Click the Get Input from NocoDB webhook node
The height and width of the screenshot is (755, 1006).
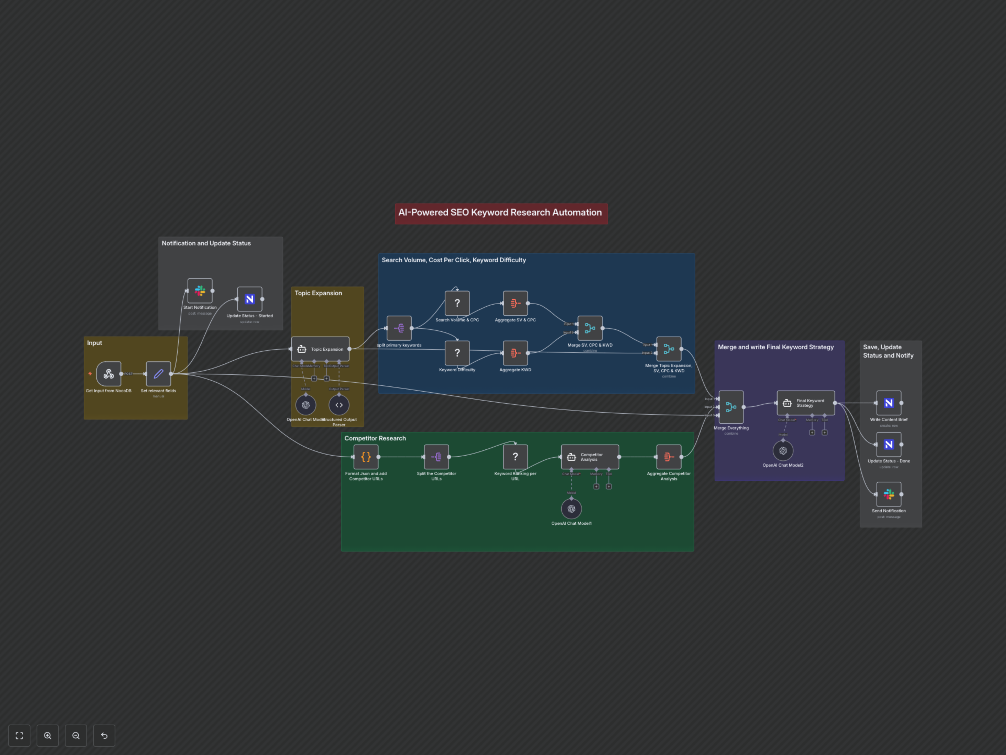point(109,374)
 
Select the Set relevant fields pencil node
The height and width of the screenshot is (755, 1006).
point(158,374)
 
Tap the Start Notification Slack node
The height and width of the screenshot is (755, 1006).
point(200,291)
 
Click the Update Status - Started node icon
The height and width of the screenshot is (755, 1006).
point(250,299)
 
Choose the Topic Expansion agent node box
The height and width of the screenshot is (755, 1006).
point(320,349)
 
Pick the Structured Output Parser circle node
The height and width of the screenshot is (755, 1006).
point(339,405)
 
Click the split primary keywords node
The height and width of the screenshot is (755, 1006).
point(399,328)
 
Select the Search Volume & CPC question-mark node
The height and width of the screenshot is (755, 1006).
point(457,303)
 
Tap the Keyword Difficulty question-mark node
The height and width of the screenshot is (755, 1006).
point(457,353)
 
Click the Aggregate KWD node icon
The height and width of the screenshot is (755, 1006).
point(515,353)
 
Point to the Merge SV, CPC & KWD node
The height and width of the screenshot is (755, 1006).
point(590,328)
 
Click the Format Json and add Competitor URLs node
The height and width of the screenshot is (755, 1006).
point(366,457)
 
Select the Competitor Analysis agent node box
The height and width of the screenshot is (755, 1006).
point(590,457)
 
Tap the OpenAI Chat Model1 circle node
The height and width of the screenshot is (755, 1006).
point(571,509)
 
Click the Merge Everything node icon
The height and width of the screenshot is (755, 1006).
point(731,407)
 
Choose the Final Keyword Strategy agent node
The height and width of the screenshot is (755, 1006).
point(805,403)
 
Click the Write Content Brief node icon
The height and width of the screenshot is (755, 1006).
point(889,403)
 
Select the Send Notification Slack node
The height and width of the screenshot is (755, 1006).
point(889,494)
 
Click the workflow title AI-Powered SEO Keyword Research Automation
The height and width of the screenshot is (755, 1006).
point(501,213)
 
